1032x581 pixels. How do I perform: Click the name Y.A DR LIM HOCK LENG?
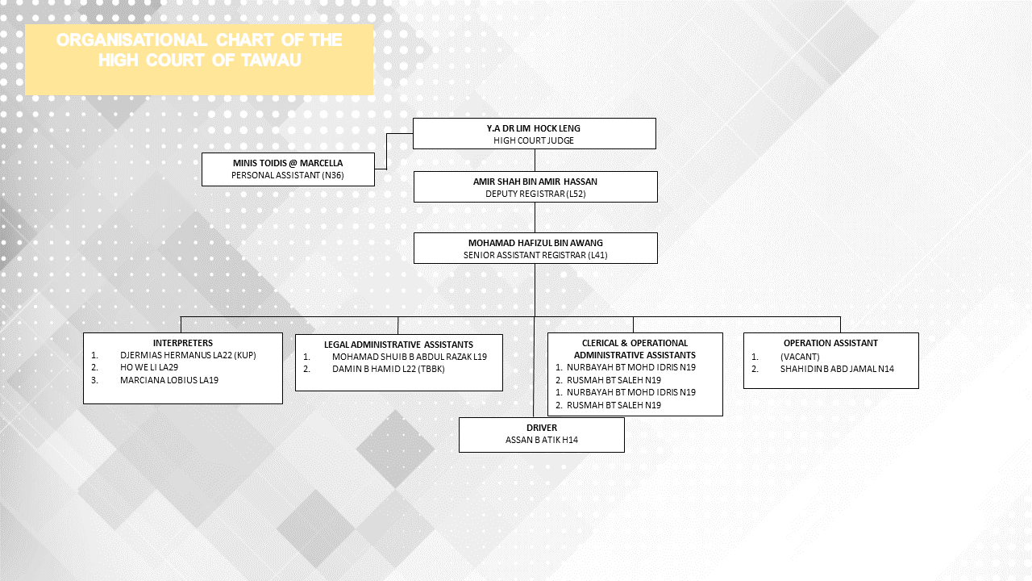pos(534,128)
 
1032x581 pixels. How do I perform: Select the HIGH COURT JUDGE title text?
pos(534,140)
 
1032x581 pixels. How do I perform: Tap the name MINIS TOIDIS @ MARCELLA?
pos(288,163)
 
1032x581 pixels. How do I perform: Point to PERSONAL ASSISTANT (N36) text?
pos(288,175)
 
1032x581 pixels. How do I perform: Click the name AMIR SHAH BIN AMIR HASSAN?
pos(535,182)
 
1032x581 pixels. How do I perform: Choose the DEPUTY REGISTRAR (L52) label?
pos(535,194)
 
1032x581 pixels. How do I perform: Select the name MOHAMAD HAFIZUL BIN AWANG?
pos(535,243)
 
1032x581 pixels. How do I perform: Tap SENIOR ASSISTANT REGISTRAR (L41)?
pos(535,255)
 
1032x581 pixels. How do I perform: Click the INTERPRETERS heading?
pos(183,343)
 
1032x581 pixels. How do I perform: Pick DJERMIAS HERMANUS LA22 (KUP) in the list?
pos(188,355)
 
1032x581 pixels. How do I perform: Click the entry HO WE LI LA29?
pos(149,367)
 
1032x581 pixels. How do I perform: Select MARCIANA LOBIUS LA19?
pos(169,380)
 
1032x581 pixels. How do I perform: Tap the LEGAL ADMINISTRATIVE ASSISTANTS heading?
pos(398,345)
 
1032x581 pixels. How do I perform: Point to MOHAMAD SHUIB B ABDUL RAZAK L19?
pos(409,357)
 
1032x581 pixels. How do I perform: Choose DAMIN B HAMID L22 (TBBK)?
pos(388,369)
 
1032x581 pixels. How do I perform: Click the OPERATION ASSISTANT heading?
pos(830,343)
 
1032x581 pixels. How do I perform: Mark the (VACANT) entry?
pos(800,357)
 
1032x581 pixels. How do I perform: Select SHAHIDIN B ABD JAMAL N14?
pos(837,369)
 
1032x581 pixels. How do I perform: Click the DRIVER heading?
pos(542,428)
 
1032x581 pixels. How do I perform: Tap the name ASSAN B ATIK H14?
pos(542,440)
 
